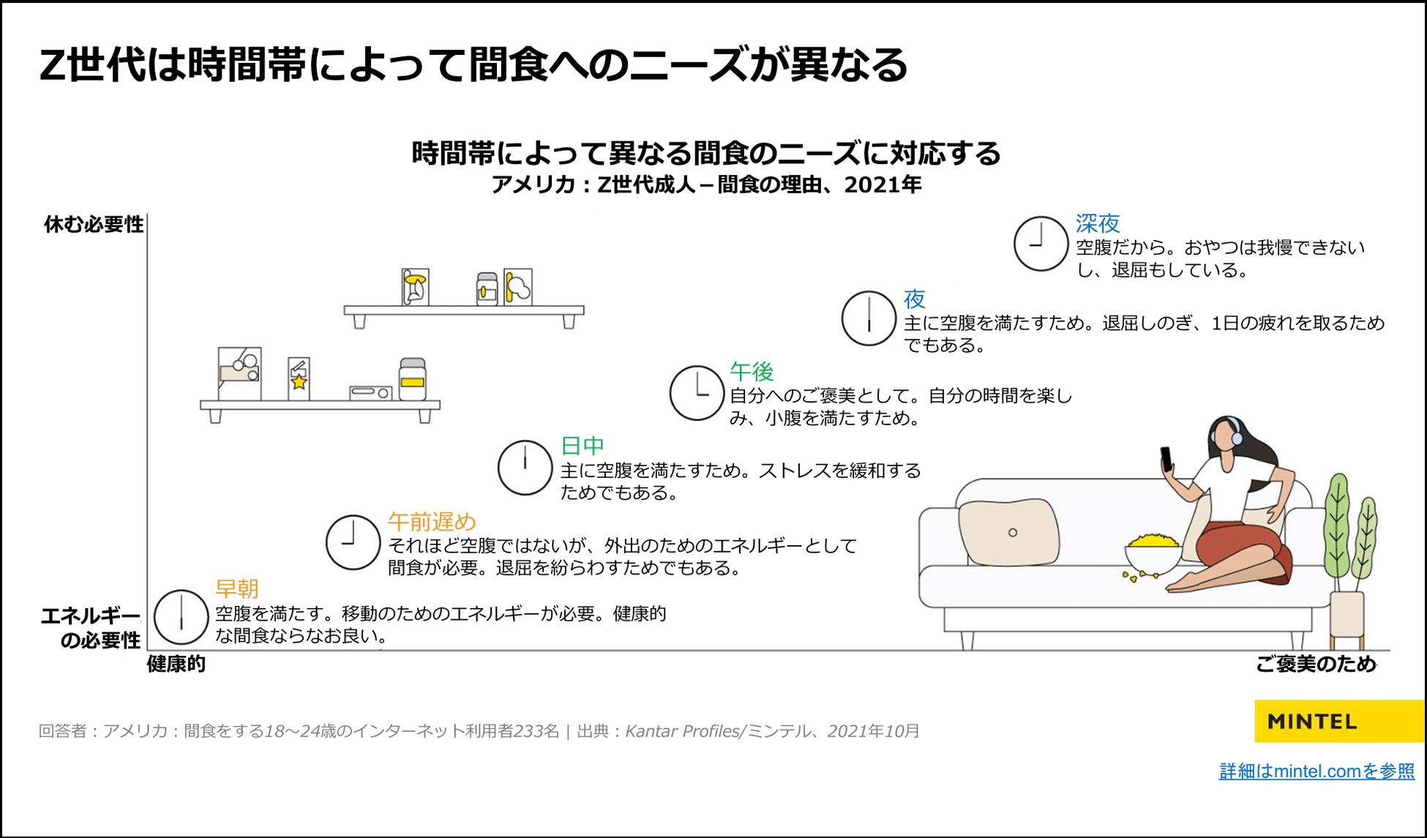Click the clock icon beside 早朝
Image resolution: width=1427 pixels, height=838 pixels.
181,617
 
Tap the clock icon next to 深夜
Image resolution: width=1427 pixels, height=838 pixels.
1041,243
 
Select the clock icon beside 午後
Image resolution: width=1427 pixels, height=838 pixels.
697,393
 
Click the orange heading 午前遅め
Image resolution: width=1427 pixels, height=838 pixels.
432,522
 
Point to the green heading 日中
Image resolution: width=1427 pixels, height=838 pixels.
583,446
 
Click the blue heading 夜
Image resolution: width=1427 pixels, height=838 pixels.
914,299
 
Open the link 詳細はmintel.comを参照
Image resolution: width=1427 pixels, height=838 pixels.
1316,771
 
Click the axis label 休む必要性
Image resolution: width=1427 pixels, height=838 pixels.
94,225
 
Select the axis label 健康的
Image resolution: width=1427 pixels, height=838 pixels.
176,664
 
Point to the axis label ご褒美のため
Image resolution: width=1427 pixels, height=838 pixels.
1316,664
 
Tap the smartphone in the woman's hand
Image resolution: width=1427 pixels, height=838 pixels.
1166,459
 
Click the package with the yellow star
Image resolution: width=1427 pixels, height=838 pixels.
299,378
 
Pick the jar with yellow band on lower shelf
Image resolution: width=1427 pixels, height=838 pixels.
412,379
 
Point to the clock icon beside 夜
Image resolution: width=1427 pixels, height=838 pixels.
869,318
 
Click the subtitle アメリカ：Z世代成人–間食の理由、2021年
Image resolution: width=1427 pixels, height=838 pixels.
706,184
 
